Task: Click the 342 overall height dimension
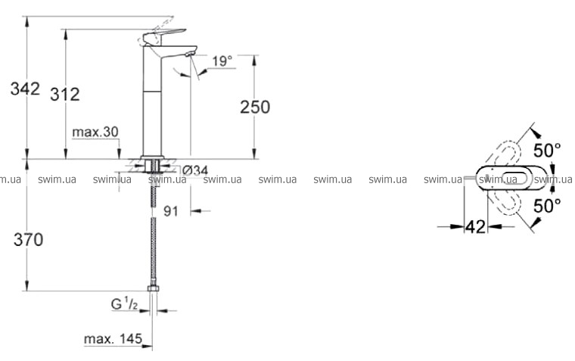pyautogui.click(x=25, y=89)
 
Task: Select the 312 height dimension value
pyautogui.click(x=64, y=95)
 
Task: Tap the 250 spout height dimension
pyautogui.click(x=255, y=107)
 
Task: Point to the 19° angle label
pyautogui.click(x=222, y=61)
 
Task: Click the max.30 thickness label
pyautogui.click(x=95, y=132)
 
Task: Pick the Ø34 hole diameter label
pyautogui.click(x=194, y=170)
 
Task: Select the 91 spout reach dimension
pyautogui.click(x=170, y=211)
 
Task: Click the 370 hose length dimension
pyautogui.click(x=28, y=240)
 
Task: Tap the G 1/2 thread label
pyautogui.click(x=124, y=304)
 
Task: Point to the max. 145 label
pyautogui.click(x=113, y=338)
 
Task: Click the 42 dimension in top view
pyautogui.click(x=475, y=227)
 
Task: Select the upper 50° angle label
pyautogui.click(x=547, y=151)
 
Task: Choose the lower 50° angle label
pyautogui.click(x=547, y=206)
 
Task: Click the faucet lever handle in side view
pyautogui.click(x=164, y=36)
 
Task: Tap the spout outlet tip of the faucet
pyautogui.click(x=189, y=54)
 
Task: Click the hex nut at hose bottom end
pyautogui.click(x=153, y=289)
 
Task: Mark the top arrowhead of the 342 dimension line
pyautogui.click(x=26, y=21)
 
